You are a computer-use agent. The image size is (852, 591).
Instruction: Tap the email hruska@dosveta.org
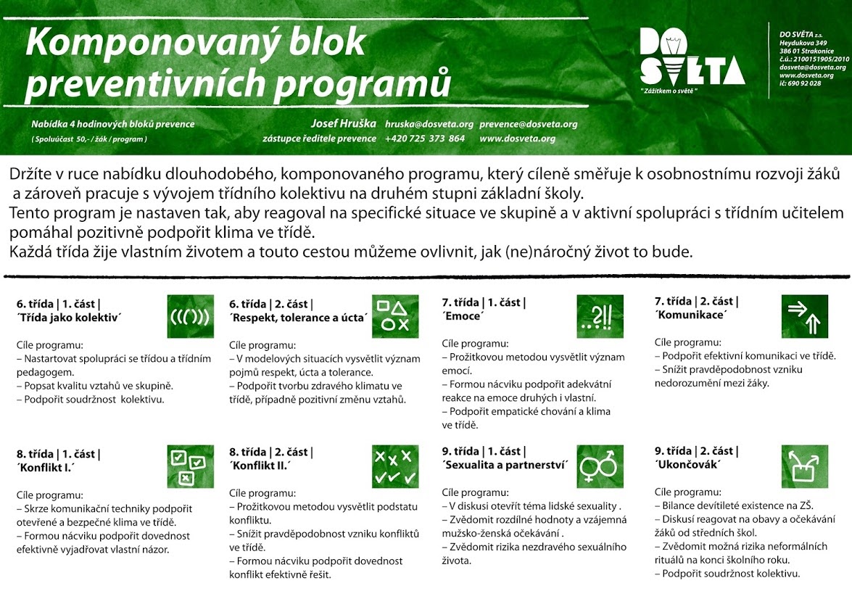429,124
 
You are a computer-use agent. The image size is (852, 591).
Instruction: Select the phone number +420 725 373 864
425,139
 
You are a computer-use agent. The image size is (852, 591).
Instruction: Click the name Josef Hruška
343,123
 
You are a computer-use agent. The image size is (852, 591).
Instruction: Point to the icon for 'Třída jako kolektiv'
190,316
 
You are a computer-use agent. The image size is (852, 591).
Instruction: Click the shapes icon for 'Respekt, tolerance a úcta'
395,316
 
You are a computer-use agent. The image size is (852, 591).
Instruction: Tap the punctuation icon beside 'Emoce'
600,316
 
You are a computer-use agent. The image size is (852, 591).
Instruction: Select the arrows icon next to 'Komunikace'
804,316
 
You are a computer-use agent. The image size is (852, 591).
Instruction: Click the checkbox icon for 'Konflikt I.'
190,466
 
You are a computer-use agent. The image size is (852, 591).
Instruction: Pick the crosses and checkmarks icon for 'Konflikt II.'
395,466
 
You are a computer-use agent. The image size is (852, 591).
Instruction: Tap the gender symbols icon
600,466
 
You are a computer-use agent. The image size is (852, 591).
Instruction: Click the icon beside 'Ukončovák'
804,466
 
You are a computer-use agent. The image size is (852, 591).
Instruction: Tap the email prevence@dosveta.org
529,124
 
